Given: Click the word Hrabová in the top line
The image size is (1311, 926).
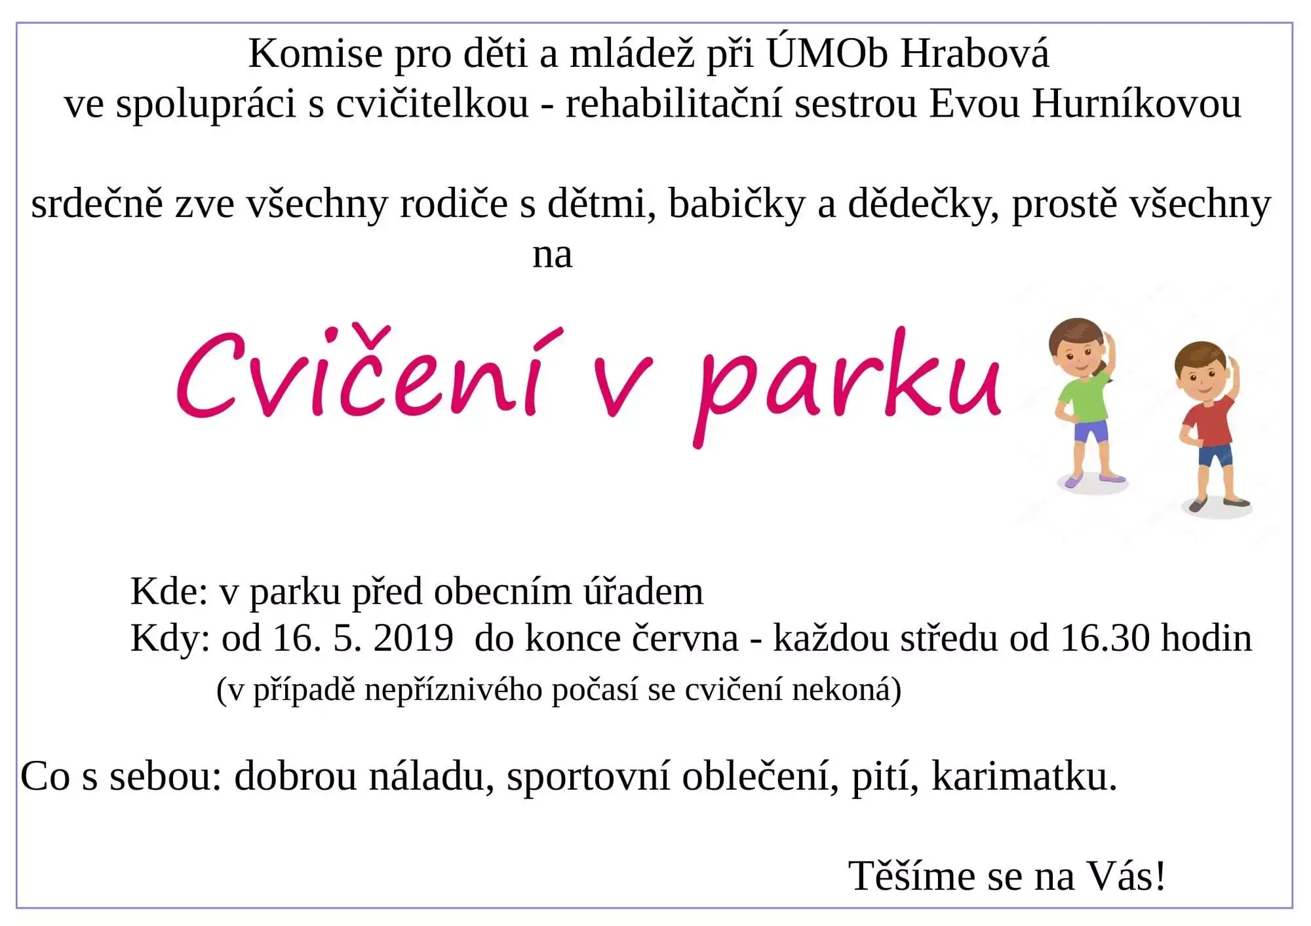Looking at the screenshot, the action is point(974,54).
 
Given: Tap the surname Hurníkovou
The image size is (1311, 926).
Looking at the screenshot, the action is point(1137,104).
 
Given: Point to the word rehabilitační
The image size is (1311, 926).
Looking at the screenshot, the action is point(674,104).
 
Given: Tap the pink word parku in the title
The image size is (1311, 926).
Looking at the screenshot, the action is point(848,387).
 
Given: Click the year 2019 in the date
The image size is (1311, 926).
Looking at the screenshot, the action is point(413,637).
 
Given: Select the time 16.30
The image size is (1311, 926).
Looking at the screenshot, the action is point(1105,637).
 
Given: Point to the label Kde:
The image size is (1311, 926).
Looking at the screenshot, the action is point(169,591).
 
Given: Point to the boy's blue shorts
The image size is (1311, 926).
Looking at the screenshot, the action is point(1215,455).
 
